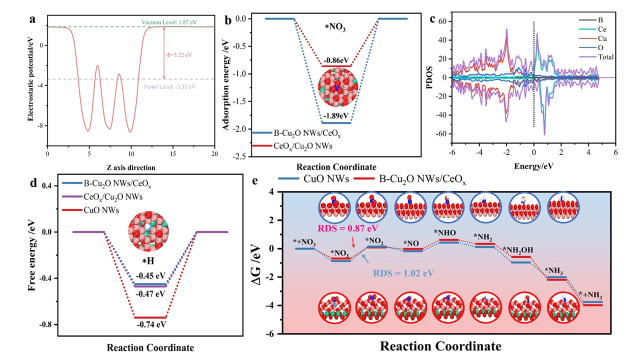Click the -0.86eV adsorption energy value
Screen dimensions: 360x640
click(336, 60)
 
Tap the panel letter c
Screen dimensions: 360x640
click(433, 20)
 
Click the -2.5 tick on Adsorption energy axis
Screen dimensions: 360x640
click(240, 156)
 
